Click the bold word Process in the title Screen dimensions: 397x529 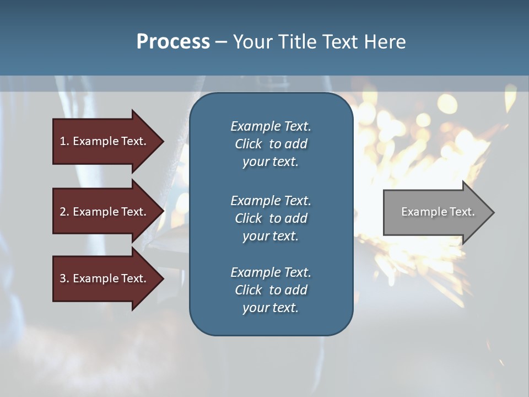coord(173,42)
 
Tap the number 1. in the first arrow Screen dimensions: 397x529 coord(64,141)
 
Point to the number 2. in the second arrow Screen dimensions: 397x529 coord(64,212)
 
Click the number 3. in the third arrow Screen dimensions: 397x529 coord(64,278)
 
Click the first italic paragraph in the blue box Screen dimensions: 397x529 coord(271,144)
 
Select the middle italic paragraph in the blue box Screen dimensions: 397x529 coord(271,218)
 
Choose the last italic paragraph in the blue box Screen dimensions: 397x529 coord(271,290)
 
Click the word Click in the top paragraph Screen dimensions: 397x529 coord(249,144)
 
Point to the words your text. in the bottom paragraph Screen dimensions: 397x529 coord(271,308)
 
